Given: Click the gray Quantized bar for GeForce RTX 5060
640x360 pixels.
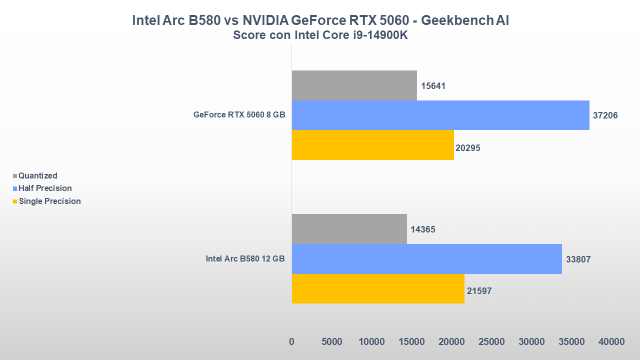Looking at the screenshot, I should pos(354,85).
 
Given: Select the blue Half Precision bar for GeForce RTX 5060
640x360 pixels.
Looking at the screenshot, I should pos(440,115).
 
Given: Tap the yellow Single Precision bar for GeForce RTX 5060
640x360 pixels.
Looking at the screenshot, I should pos(372,145).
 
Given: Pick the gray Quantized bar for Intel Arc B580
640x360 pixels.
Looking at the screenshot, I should pos(349,229).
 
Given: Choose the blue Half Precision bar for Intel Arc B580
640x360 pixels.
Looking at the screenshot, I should pos(426,259).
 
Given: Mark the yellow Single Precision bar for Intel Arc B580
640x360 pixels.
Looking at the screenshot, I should pos(378,288).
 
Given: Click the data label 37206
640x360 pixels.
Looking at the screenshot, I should pos(605,115).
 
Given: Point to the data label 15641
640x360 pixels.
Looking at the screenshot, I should pos(433,86).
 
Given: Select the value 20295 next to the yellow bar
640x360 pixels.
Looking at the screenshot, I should pos(468,148).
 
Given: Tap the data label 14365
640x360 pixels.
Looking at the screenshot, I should pos(423,229).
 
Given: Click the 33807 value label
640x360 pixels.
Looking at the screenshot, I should pos(578,259).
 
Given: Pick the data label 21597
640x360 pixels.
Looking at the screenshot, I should pos(479,290).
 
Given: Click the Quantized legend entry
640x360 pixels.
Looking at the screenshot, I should pos(37,175).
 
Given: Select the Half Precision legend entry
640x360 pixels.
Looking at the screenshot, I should pos(45,188).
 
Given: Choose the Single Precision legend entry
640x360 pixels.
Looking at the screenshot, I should pos(49,201).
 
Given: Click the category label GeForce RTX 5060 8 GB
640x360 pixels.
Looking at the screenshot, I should pos(239,115).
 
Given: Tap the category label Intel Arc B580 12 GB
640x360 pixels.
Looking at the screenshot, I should pos(245,259).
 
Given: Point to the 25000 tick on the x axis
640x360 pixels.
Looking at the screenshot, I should pos(491,341).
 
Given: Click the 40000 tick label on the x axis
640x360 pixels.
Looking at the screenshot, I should pos(611,341).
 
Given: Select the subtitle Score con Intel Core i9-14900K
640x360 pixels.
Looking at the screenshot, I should pos(320,35).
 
